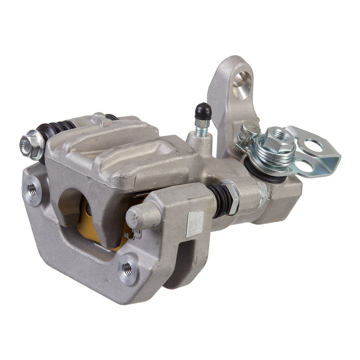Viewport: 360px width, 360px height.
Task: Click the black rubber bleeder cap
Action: pyautogui.click(x=202, y=109)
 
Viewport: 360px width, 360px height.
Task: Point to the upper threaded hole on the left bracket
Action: pyautogui.click(x=33, y=188)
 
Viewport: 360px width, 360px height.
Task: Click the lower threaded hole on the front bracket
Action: pyautogui.click(x=127, y=268)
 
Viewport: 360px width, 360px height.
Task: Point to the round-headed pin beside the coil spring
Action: pyautogui.click(x=246, y=130)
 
